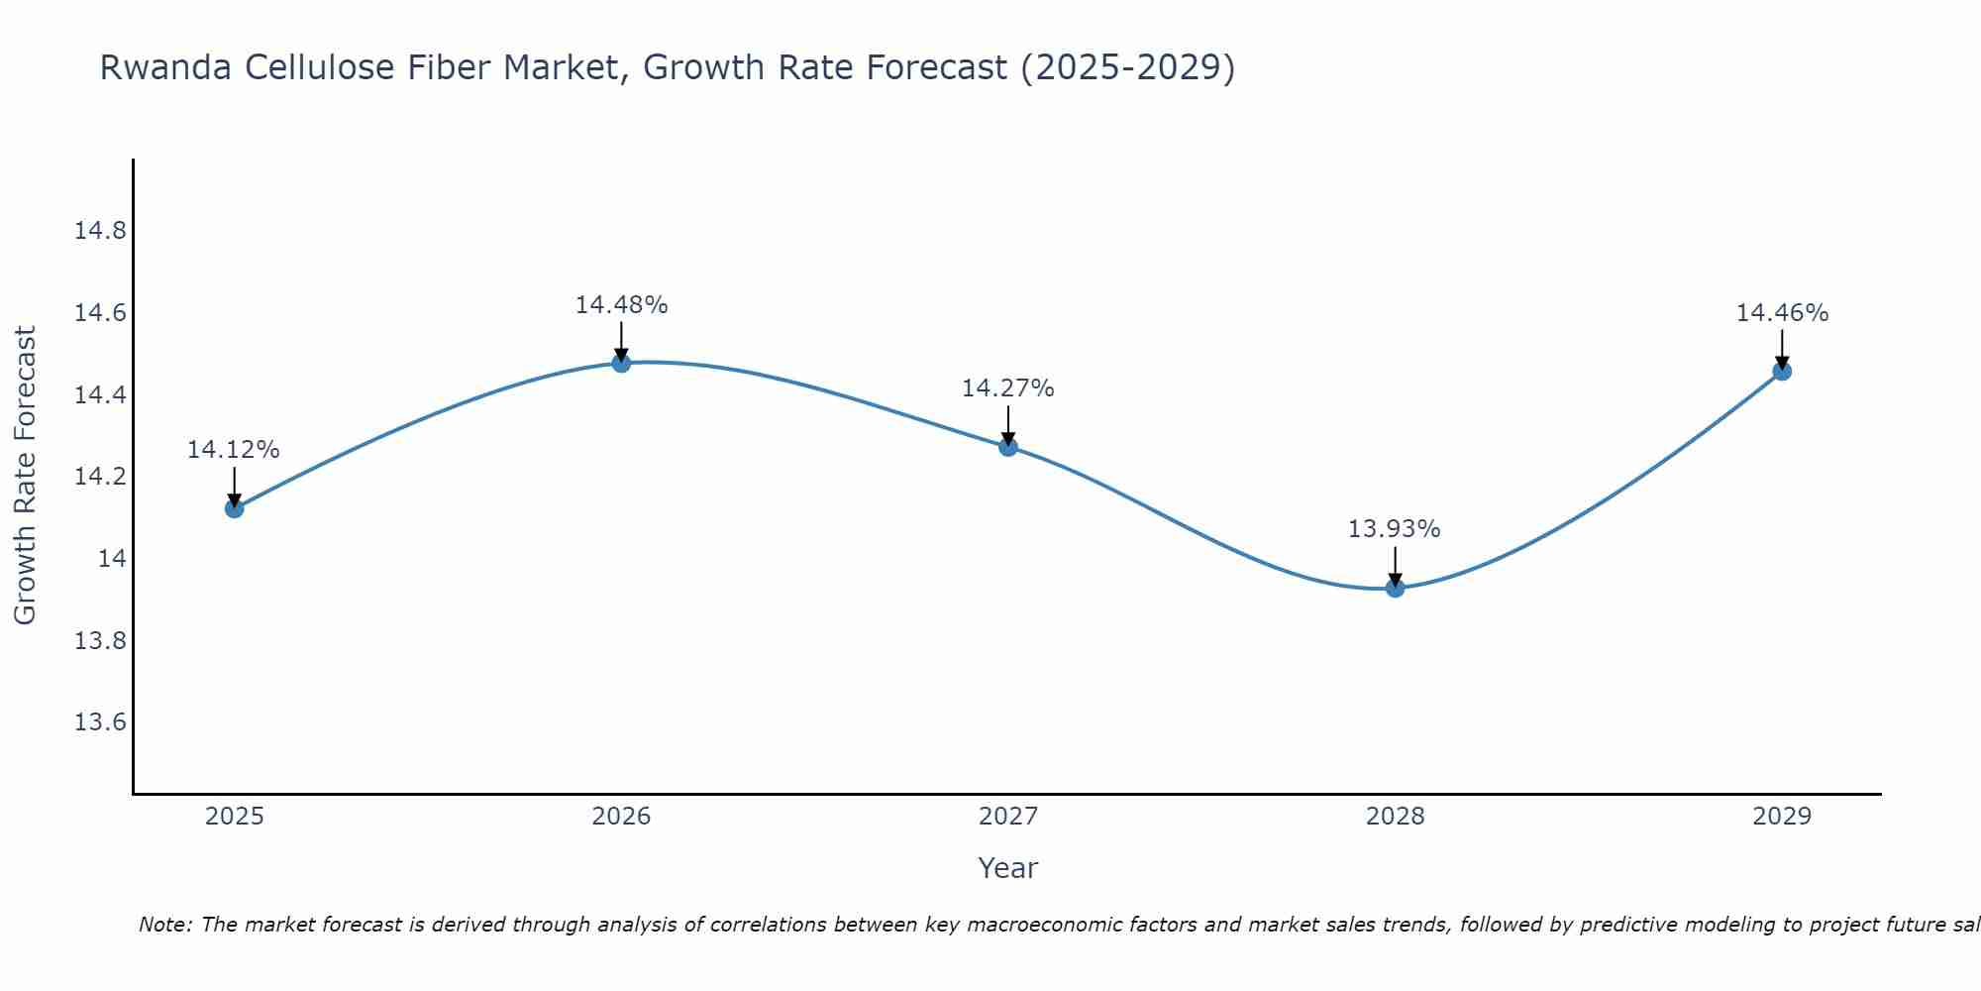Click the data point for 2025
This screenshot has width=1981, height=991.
(x=235, y=508)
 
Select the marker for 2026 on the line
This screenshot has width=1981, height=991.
(x=621, y=363)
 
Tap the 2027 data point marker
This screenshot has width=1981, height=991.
(x=1008, y=447)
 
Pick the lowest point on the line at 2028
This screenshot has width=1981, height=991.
(x=1395, y=588)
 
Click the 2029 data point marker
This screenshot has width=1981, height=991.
(x=1782, y=372)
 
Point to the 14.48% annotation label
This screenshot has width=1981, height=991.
(x=621, y=305)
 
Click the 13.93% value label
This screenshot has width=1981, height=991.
(x=1394, y=529)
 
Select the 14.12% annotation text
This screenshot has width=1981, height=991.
(x=234, y=450)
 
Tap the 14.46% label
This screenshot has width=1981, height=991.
(x=1782, y=313)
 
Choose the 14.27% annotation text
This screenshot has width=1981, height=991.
(x=1007, y=388)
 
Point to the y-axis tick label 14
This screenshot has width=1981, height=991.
(x=113, y=559)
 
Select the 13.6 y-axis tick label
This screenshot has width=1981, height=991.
(x=101, y=722)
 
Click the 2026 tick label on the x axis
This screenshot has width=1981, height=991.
(x=621, y=817)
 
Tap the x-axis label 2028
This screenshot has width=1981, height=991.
(x=1395, y=817)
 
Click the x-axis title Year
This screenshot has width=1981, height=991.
(x=1007, y=868)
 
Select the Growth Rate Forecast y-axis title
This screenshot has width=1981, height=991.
(x=25, y=476)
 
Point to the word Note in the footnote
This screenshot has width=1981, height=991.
(x=165, y=925)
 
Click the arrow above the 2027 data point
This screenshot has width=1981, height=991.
(x=1008, y=424)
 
